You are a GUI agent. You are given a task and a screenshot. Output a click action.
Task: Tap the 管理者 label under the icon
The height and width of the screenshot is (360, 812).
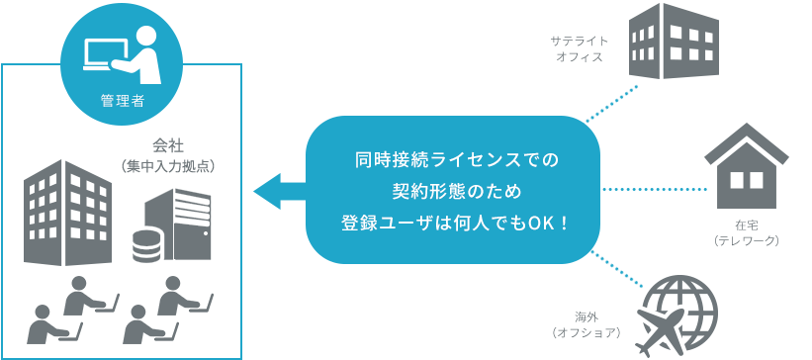tap(123, 100)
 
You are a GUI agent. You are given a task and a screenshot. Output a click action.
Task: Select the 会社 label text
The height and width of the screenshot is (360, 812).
tap(166, 145)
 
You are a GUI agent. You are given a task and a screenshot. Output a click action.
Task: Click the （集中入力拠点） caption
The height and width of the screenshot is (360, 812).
tap(166, 166)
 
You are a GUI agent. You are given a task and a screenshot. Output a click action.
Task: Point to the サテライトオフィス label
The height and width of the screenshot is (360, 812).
tap(578, 49)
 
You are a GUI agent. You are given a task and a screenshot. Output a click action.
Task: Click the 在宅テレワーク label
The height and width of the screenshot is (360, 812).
tap(751, 233)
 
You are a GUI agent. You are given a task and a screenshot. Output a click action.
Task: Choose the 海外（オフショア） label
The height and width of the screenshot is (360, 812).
tap(586, 324)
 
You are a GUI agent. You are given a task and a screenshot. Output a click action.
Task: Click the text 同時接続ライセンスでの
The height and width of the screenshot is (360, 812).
tap(456, 158)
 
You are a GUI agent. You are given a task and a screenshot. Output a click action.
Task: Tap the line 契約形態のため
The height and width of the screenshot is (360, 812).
tap(456, 190)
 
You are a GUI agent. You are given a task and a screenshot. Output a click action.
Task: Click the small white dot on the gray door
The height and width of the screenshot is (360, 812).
tap(205, 233)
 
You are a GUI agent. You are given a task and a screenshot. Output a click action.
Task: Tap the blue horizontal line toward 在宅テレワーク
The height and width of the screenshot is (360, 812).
tap(676, 188)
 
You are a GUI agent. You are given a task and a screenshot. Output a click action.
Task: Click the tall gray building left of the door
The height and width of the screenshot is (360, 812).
tap(69, 213)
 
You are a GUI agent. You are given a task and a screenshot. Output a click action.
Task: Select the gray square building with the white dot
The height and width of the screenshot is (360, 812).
tap(171, 225)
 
